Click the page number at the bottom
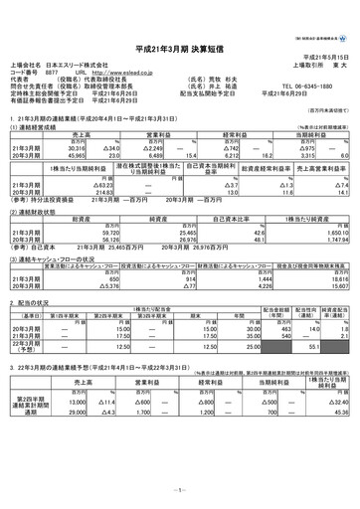click(180, 492)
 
